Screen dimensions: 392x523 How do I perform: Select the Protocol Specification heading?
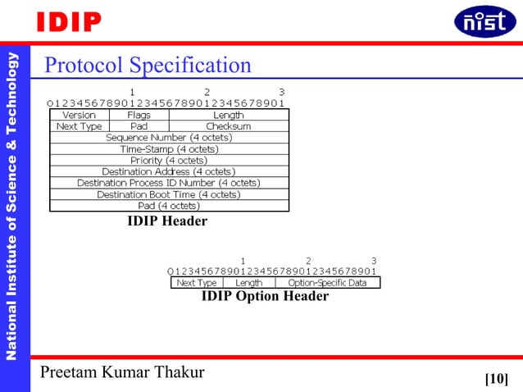point(148,65)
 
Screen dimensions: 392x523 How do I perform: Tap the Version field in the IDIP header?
point(80,116)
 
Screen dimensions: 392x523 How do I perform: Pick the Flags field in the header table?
point(139,116)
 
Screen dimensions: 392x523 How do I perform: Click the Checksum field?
point(229,127)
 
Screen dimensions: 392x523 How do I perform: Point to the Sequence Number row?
point(169,138)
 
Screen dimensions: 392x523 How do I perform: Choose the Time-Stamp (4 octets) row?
point(169,149)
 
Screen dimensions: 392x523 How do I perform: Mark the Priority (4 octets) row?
point(169,161)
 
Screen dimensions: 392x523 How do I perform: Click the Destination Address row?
point(169,171)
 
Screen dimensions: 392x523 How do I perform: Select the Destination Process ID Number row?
point(169,183)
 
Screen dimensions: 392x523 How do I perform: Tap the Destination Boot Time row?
point(169,194)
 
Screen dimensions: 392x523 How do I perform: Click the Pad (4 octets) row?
point(169,206)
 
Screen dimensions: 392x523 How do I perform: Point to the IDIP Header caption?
point(167,221)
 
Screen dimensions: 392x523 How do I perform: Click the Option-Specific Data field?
point(328,283)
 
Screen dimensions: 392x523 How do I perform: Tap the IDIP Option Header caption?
point(265,297)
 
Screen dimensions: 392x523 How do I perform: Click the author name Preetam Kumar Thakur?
point(124,373)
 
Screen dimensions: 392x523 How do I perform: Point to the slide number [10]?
point(496,378)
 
